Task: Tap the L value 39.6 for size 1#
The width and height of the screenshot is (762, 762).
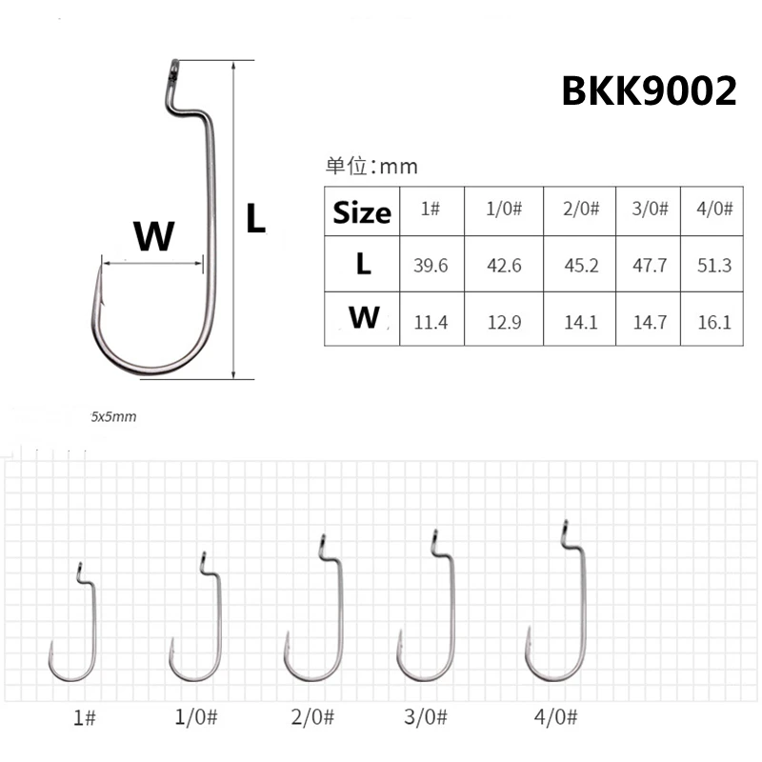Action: coord(431,266)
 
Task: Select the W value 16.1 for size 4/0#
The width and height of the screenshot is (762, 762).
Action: coord(714,322)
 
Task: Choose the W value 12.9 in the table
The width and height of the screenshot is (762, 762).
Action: coord(504,322)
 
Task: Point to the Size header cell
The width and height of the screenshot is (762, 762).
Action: coord(362,212)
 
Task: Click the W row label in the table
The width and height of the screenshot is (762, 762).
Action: coord(363,318)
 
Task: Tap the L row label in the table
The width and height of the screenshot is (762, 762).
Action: coord(363,265)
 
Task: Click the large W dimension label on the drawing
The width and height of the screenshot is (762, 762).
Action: coord(153,235)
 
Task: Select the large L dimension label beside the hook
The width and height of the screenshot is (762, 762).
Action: coord(254,220)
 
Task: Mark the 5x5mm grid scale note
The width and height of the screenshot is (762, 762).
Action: coord(114,416)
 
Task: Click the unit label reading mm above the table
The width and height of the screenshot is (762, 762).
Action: coord(372,167)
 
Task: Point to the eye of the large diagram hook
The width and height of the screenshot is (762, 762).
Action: coord(170,70)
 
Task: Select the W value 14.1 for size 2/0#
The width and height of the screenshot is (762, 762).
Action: coord(581,322)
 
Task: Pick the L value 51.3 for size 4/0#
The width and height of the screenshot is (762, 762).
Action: coord(714,266)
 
